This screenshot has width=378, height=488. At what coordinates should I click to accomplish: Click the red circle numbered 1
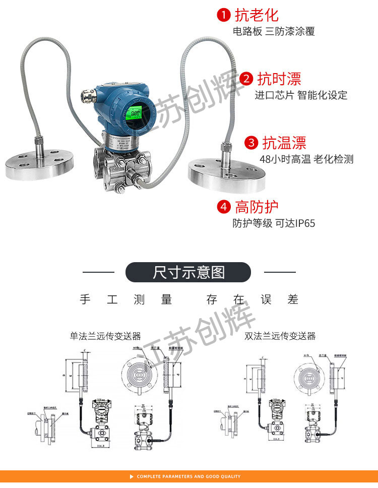click(224, 15)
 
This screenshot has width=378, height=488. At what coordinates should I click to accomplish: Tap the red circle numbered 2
click(246, 79)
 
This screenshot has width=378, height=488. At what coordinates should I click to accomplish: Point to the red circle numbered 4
click(224, 207)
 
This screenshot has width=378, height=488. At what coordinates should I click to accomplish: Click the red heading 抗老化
click(256, 15)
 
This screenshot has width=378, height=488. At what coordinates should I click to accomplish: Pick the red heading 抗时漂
click(279, 79)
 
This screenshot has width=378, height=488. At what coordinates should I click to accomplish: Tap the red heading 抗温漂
click(284, 143)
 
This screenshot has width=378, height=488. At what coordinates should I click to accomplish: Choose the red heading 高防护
click(257, 207)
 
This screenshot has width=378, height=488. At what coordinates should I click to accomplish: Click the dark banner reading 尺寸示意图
click(188, 272)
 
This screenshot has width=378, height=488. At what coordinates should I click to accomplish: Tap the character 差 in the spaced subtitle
click(293, 299)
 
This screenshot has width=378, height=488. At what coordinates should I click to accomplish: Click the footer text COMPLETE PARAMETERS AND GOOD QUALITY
click(188, 476)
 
